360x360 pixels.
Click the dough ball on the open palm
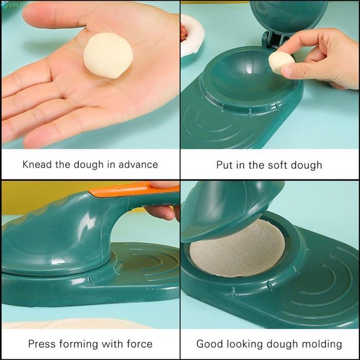pos(108,56)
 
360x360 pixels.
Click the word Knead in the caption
pos(37,165)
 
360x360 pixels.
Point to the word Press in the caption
pos(42,344)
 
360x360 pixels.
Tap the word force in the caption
pos(138,344)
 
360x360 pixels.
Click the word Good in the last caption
pos(209,344)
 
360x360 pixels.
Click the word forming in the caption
pos(85,344)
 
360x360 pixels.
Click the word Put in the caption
pos(225,165)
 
